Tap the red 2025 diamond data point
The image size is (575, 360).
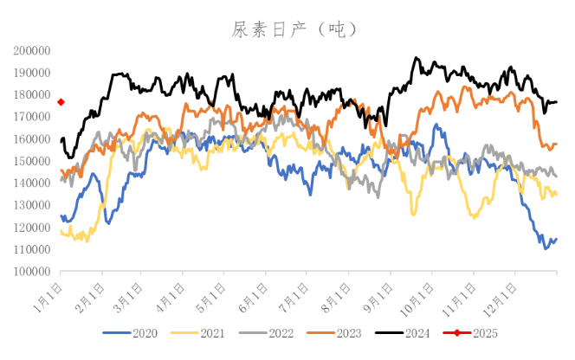[61, 102]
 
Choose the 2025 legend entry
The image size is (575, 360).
[483, 331]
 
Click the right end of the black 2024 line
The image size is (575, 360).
[556, 102]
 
